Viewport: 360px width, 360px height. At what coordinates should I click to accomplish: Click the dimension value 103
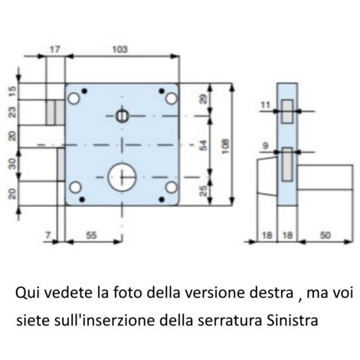click(x=119, y=49)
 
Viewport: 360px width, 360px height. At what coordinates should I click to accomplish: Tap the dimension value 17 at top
click(x=54, y=49)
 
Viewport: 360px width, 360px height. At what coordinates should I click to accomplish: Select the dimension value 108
click(x=225, y=146)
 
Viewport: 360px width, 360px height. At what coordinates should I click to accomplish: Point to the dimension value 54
click(x=204, y=146)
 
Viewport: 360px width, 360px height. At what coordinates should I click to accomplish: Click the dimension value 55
click(x=91, y=235)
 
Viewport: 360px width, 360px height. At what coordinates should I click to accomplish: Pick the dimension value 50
click(x=326, y=235)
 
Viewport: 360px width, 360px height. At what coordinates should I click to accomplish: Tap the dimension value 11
click(x=266, y=105)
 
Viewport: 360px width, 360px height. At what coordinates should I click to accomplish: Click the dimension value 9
click(x=266, y=146)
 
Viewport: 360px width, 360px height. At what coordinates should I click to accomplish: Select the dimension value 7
click(x=48, y=235)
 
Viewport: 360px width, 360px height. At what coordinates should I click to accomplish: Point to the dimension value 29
click(x=204, y=99)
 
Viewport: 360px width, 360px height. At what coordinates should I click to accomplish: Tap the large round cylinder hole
click(x=122, y=177)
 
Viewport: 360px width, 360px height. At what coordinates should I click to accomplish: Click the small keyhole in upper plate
click(x=122, y=116)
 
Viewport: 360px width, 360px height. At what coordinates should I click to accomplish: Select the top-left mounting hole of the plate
click(x=74, y=99)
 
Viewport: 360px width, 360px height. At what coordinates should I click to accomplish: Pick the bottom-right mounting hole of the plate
click(x=171, y=188)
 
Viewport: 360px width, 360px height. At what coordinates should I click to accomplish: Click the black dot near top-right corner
click(x=162, y=90)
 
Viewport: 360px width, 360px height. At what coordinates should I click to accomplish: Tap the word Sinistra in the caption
click(x=293, y=320)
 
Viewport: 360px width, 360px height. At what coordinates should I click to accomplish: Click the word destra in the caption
click(x=271, y=293)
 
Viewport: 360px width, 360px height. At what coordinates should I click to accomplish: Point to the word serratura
click(x=230, y=321)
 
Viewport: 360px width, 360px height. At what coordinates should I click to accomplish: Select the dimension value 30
click(x=12, y=164)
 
